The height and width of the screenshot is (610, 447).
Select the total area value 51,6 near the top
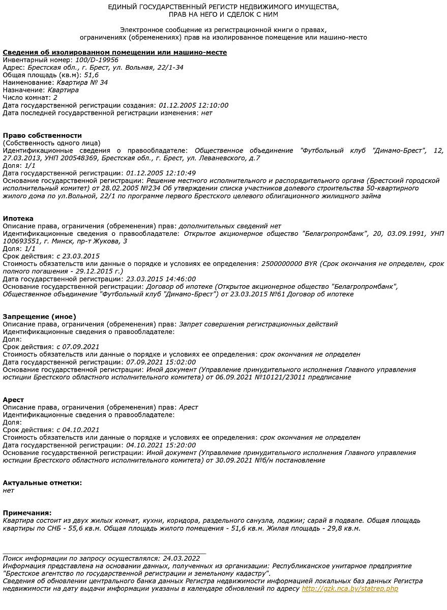coord(92,75)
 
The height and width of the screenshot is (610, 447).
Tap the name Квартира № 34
coord(82,82)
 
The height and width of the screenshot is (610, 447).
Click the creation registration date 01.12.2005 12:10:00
coord(193,105)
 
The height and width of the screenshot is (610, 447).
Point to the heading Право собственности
coord(42,135)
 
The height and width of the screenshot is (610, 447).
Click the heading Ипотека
coord(18,219)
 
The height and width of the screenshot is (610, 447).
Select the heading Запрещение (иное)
coord(40,317)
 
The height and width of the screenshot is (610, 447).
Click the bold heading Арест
coord(13,400)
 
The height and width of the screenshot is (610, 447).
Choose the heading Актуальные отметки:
coord(42,483)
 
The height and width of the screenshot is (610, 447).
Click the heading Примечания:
coord(27,513)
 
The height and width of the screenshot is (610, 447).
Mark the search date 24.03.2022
coord(181,558)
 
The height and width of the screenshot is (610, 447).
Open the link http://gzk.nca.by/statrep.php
coord(350,589)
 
